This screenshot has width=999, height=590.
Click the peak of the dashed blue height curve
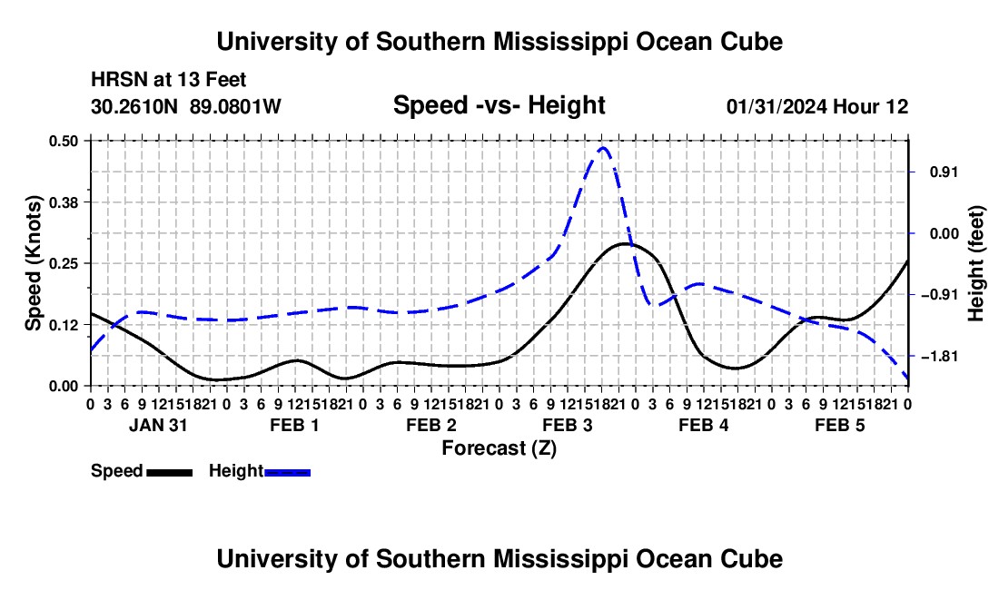click(x=602, y=148)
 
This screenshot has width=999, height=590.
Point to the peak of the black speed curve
click(x=622, y=244)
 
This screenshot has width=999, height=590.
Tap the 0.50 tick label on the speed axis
click(x=64, y=141)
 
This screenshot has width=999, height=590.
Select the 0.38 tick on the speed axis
click(x=64, y=202)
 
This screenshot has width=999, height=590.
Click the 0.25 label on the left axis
click(x=64, y=263)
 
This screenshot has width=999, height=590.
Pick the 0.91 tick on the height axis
click(x=944, y=172)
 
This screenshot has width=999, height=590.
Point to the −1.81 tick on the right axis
click(x=940, y=357)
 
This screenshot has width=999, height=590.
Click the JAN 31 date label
click(x=158, y=425)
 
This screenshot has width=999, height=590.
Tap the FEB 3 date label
click(x=567, y=425)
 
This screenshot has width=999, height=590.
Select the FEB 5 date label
click(x=840, y=425)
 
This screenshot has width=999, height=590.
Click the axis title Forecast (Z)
click(x=499, y=448)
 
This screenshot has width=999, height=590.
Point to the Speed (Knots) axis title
click(x=33, y=263)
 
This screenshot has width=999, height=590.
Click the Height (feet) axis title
click(x=975, y=263)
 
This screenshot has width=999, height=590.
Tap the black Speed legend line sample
click(x=170, y=472)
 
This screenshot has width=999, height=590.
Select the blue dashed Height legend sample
click(x=287, y=472)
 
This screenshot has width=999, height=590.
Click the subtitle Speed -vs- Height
click(x=499, y=105)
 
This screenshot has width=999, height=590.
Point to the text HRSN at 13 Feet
click(x=168, y=80)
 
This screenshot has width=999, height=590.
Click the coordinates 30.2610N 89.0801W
click(x=185, y=106)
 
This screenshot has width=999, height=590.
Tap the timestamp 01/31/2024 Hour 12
click(x=816, y=106)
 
